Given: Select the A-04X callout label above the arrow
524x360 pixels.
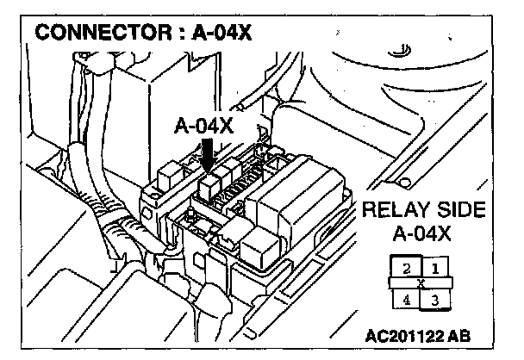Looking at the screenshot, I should coord(203,127).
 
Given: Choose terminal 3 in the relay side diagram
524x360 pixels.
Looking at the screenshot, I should coord(436,299).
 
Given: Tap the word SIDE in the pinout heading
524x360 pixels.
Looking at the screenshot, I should coord(458,209).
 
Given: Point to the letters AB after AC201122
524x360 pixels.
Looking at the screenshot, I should coord(465,333).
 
